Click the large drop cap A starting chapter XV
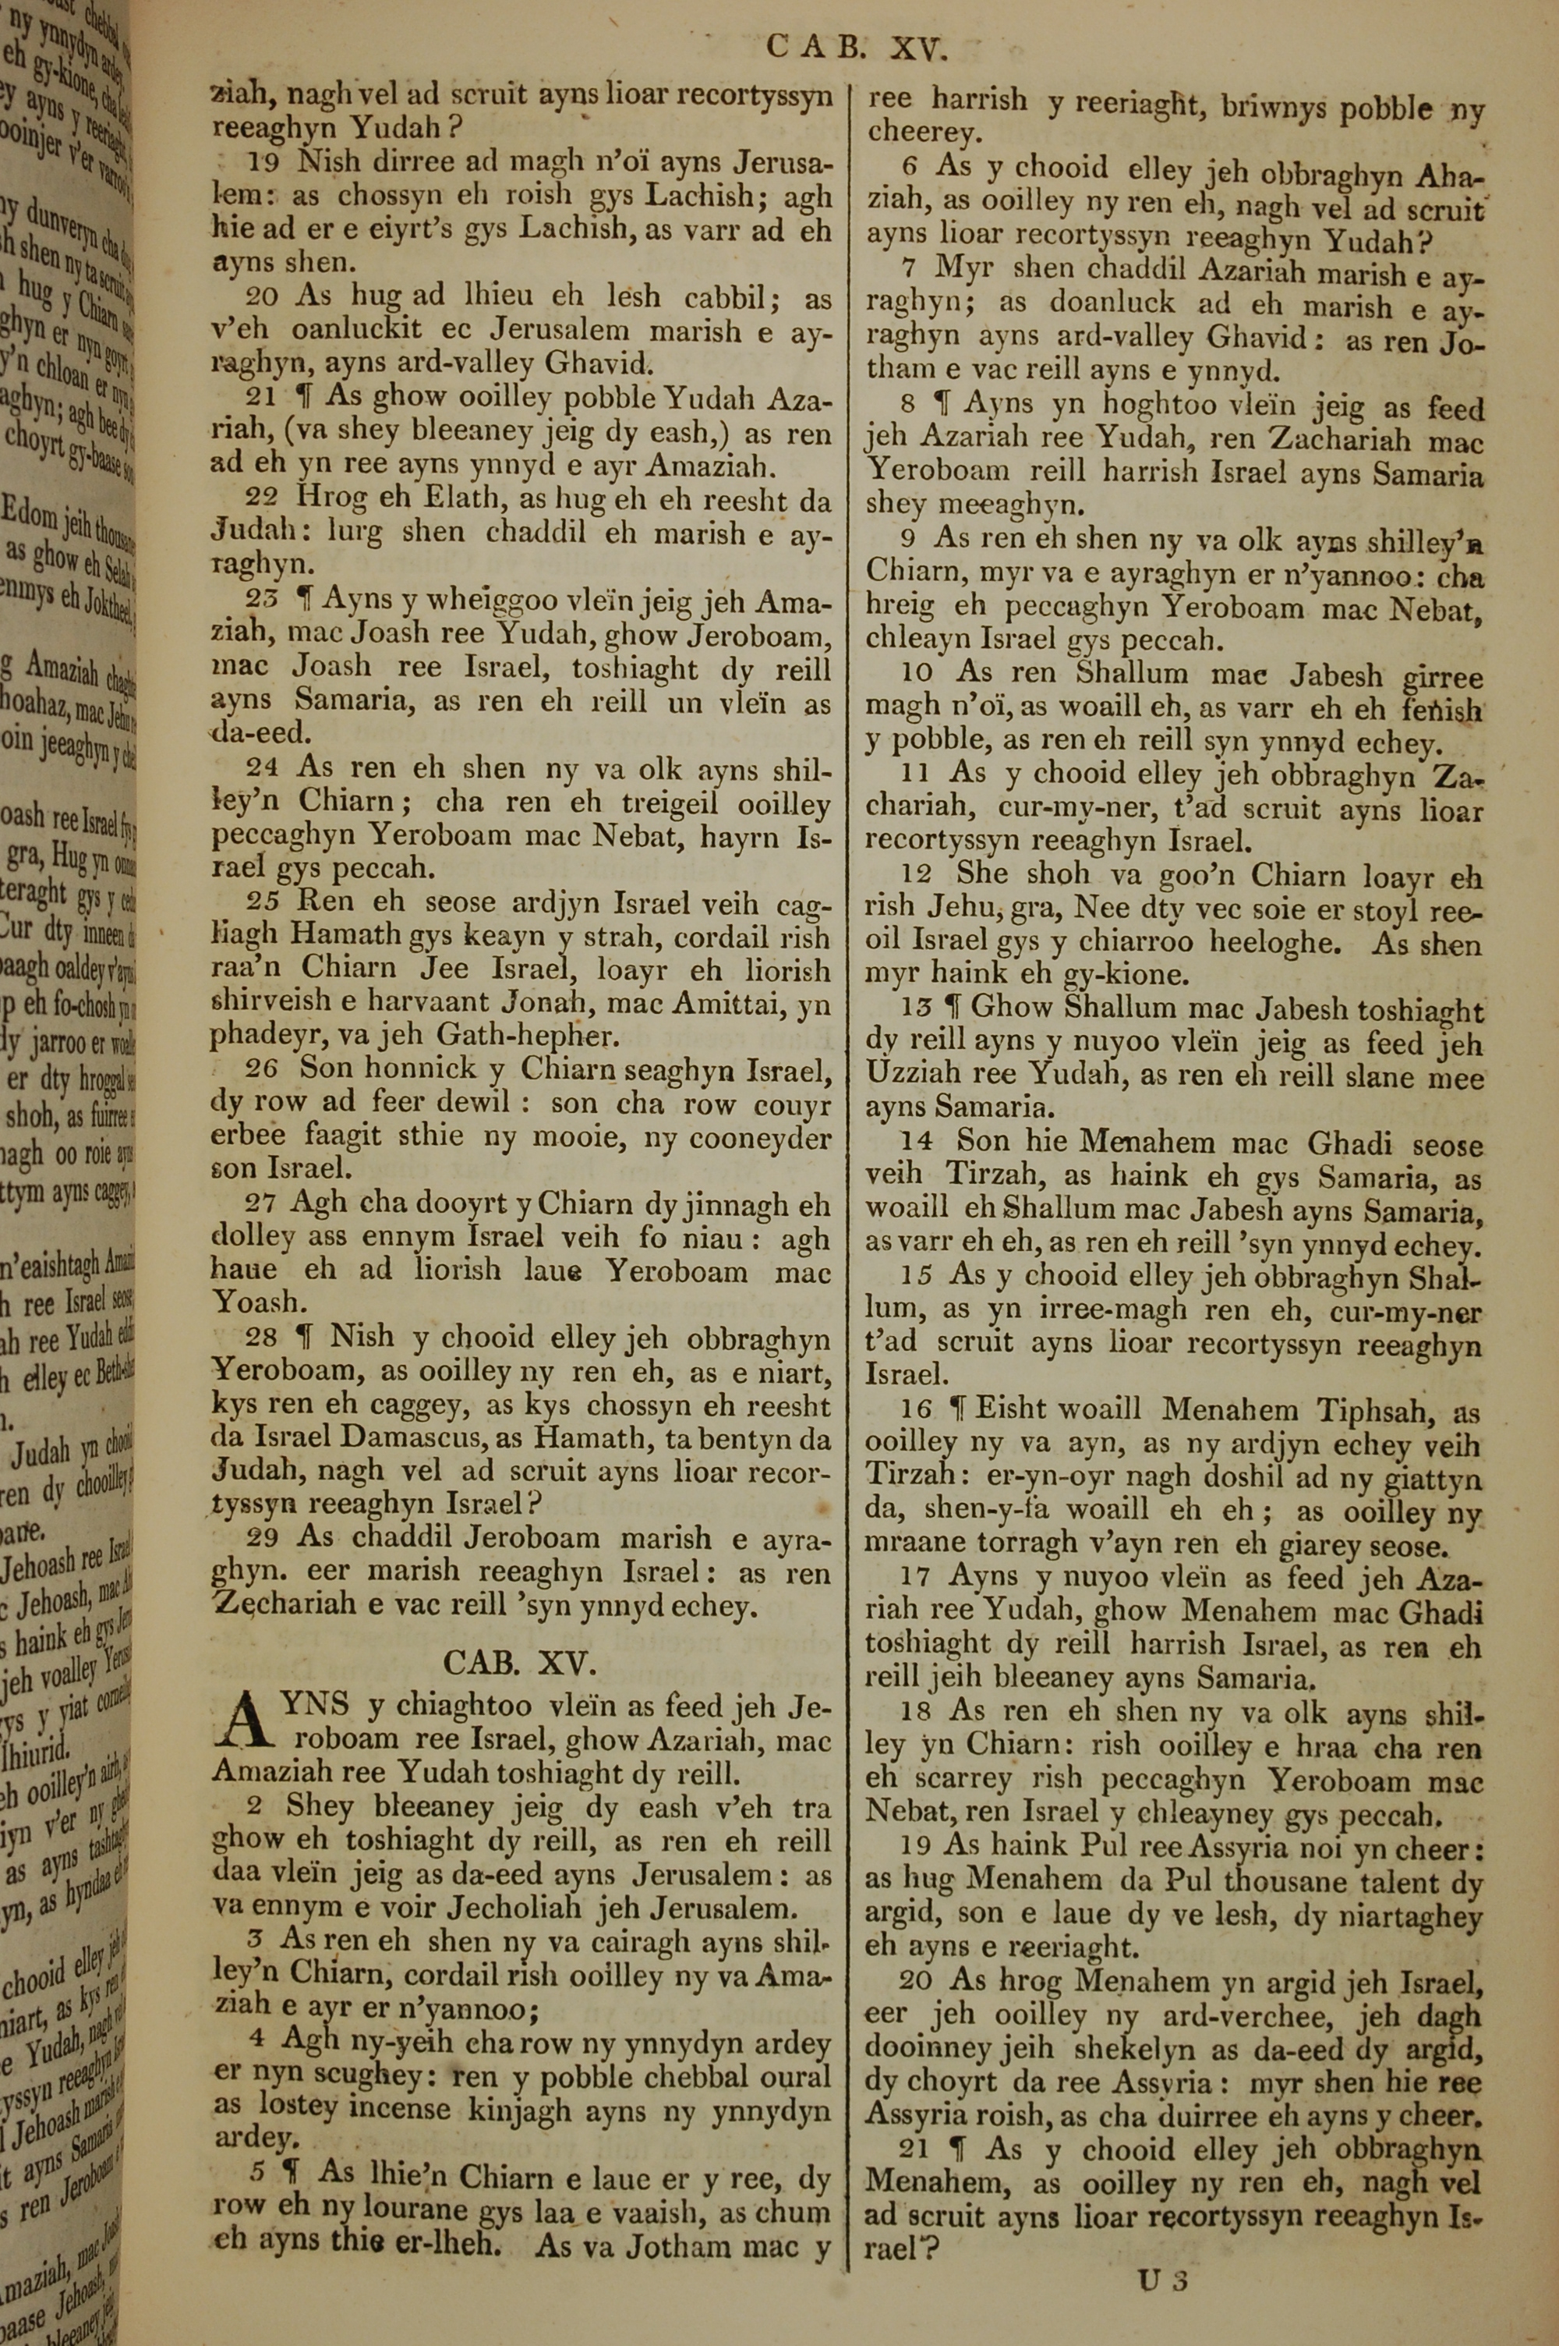pos(248,1727)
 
